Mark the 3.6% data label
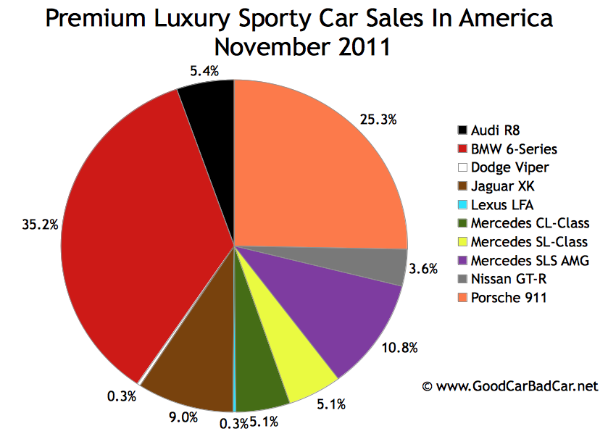423,269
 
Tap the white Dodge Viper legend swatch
462,167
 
